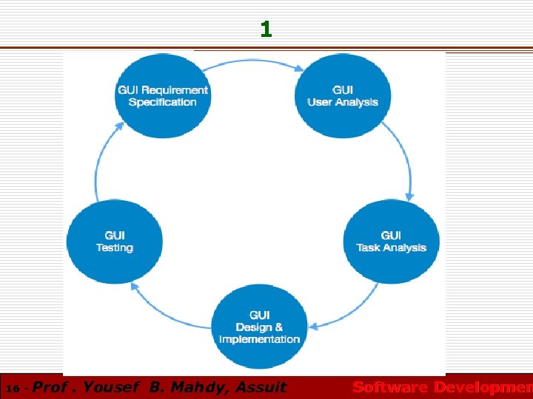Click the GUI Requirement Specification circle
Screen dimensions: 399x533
[163, 96]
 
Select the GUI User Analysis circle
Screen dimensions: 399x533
[343, 96]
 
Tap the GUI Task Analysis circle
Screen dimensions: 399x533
[391, 242]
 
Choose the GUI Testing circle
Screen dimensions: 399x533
[114, 242]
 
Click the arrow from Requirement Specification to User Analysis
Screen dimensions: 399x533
[252, 62]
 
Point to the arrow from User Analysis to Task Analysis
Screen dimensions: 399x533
[403, 163]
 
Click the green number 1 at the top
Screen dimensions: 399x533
[266, 30]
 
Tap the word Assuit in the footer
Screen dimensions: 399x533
[261, 387]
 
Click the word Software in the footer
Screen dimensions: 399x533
[389, 387]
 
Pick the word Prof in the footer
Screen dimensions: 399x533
[51, 387]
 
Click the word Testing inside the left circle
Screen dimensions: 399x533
[114, 248]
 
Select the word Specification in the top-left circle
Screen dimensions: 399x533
[163, 102]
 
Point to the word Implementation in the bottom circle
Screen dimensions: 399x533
[260, 339]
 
